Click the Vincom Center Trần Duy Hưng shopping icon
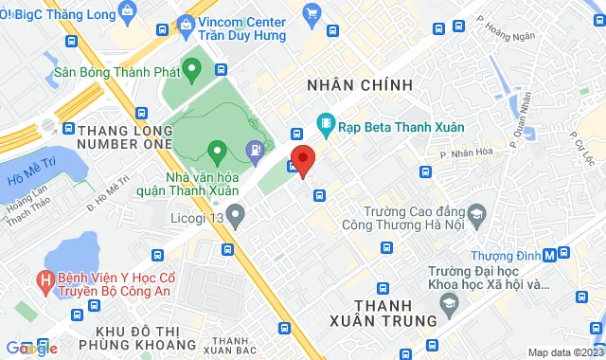click(312, 13)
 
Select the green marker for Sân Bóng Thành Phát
click(192, 68)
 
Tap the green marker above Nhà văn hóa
click(217, 150)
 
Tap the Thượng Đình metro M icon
click(563, 253)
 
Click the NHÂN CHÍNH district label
click(360, 85)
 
